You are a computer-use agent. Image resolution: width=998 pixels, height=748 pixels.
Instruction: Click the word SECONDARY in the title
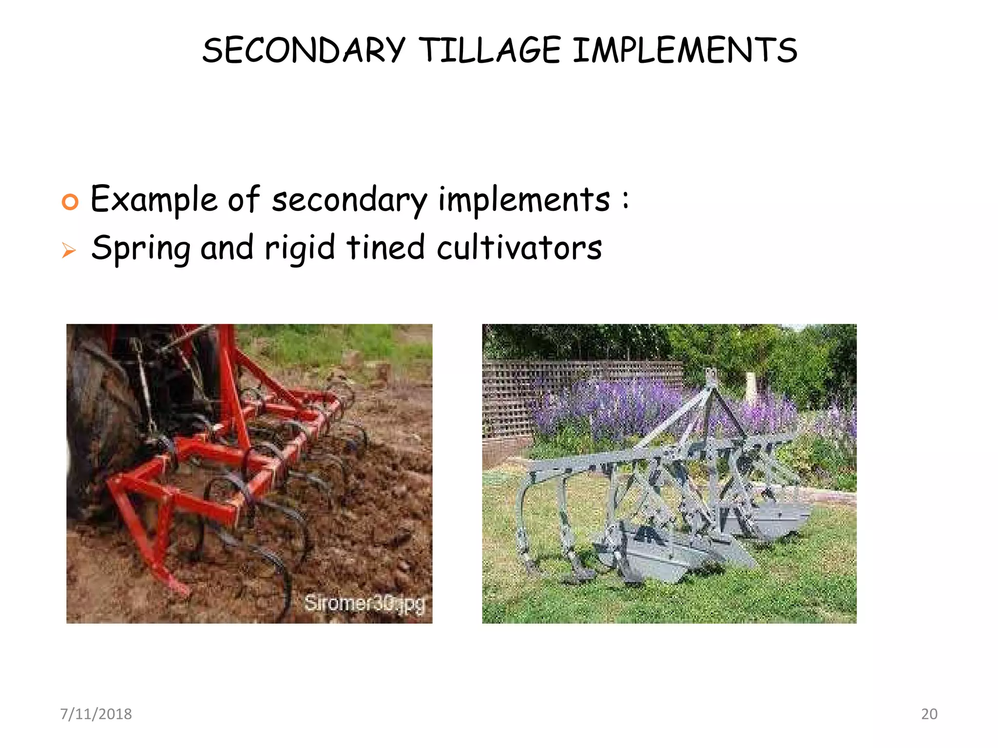coord(304,50)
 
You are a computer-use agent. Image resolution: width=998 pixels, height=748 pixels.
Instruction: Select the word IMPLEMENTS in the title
coord(685,50)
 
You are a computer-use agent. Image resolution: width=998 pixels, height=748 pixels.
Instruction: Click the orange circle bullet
coord(70,201)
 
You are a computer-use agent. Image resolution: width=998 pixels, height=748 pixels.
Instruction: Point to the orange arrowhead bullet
coord(69,250)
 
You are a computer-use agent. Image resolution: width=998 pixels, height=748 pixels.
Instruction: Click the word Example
coord(154,200)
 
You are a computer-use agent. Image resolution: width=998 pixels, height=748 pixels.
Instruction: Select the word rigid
coord(300,249)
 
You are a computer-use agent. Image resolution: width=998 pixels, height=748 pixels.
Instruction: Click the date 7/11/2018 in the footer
coord(96,714)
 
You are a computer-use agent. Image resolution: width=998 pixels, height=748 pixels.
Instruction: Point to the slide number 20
coord(929,714)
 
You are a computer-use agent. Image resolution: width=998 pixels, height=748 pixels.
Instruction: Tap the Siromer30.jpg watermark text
coord(365,603)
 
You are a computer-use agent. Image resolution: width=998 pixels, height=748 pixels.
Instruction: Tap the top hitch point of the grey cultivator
coord(711,376)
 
